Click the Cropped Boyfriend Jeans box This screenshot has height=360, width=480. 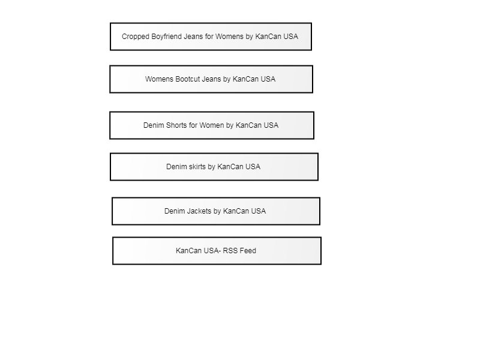(211, 37)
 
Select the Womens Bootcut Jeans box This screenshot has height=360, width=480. (211, 79)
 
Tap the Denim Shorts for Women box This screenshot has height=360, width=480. (212, 125)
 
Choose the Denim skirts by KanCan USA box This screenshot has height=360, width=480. (214, 167)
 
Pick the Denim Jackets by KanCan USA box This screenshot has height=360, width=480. (216, 211)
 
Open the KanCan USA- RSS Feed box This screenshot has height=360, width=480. (217, 251)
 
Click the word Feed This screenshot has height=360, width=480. (248, 251)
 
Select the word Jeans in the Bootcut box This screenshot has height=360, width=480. (211, 79)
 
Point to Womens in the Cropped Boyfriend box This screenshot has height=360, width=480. (230, 37)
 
